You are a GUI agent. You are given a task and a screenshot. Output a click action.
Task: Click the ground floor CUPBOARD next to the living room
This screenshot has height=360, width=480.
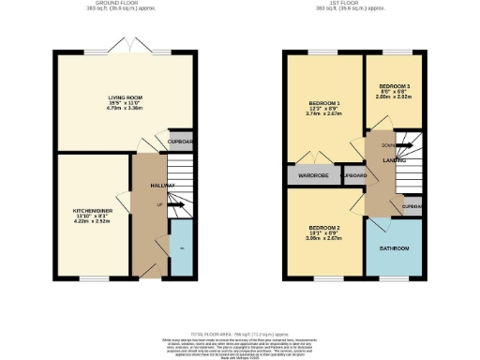pos(180,142)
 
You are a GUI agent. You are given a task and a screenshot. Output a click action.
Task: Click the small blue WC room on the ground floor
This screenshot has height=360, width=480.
pos(182,247)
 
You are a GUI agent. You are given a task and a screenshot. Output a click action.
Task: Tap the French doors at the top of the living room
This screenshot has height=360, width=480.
pos(126,48)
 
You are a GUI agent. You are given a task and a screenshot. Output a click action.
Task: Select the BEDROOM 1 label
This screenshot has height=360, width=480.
pos(323,103)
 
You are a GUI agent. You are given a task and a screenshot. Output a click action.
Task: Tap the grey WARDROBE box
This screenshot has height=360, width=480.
pos(311,175)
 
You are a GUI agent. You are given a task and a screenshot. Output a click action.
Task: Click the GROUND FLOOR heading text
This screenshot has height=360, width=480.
pos(126,4)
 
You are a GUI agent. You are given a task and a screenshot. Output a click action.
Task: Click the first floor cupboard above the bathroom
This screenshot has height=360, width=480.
pos(411,206)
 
